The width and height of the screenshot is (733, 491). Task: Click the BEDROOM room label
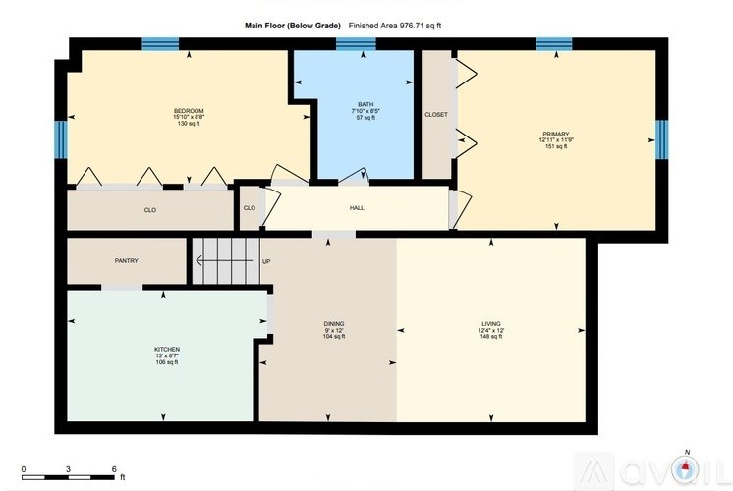pyautogui.click(x=189, y=110)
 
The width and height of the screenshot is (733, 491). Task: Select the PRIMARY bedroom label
pyautogui.click(x=555, y=134)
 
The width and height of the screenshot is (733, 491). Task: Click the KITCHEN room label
pyautogui.click(x=166, y=350)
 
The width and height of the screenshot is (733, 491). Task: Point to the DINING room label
pyautogui.click(x=334, y=323)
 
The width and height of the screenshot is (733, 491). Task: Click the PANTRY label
pyautogui.click(x=126, y=260)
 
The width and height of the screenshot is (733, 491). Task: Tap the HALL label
pyautogui.click(x=357, y=208)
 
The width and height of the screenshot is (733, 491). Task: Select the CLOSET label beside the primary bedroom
pyautogui.click(x=436, y=115)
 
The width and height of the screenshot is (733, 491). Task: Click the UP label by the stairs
pyautogui.click(x=265, y=261)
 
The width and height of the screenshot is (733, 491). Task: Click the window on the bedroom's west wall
pyautogui.click(x=61, y=139)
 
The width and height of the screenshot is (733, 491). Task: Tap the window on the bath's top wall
pyautogui.click(x=356, y=43)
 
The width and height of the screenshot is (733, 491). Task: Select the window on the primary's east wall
pyautogui.click(x=661, y=139)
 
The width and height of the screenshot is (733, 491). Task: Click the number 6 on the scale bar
pyautogui.click(x=115, y=469)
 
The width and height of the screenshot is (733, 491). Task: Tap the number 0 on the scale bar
pyautogui.click(x=24, y=469)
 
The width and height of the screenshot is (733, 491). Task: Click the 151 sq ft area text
pyautogui.click(x=555, y=147)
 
